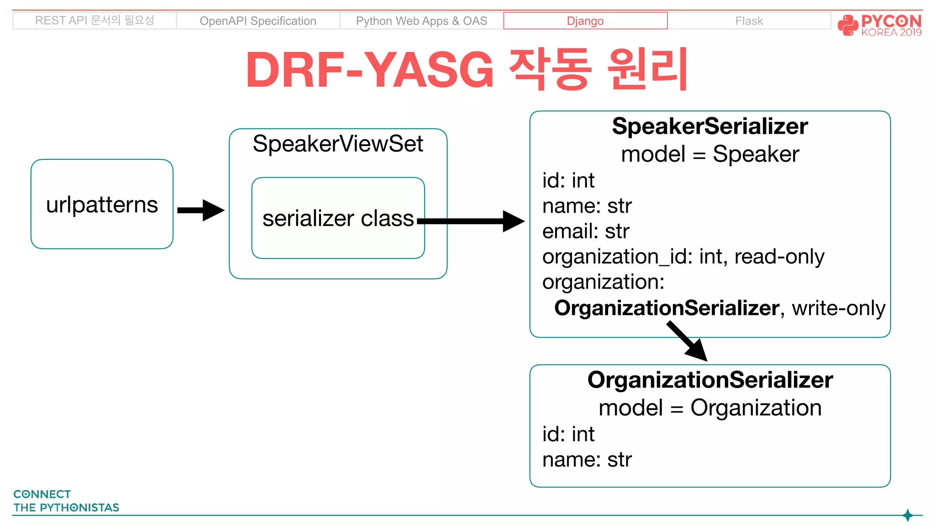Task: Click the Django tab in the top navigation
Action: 585,21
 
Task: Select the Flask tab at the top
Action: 749,21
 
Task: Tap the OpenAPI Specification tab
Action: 257,21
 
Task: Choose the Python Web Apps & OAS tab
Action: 421,21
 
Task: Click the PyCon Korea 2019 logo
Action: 879,25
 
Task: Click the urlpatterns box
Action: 102,204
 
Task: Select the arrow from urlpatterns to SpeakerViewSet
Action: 200,210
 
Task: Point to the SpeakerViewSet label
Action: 338,144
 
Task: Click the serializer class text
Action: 338,218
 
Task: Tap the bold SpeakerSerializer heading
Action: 709,126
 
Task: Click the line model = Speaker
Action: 709,154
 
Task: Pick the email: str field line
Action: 586,231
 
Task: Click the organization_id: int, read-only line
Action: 683,257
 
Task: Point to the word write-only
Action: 838,308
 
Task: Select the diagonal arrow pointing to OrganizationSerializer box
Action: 687,342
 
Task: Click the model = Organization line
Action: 709,408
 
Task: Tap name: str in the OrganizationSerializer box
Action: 587,459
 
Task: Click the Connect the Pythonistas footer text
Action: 66,501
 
